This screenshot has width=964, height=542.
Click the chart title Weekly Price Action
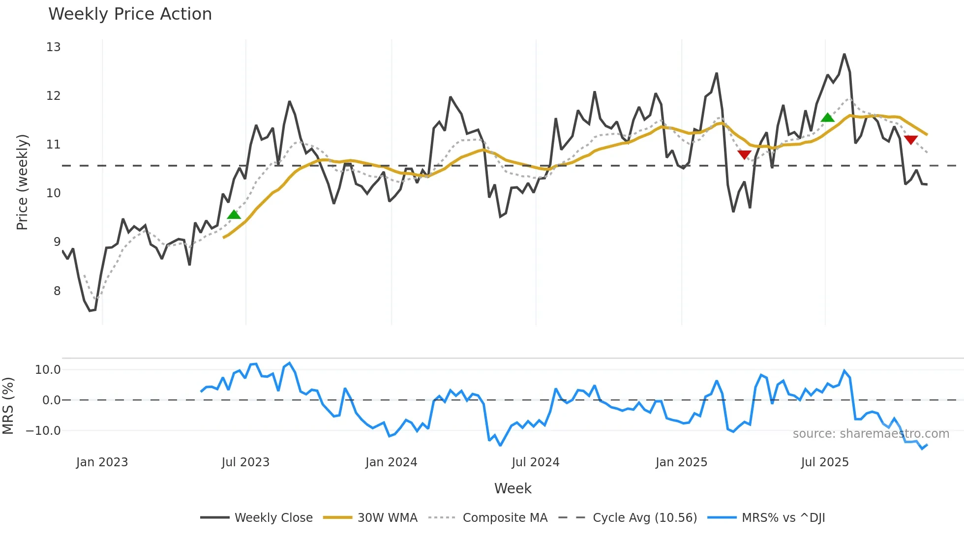130,14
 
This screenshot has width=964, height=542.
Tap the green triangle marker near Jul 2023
234,214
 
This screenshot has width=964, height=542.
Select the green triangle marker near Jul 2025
828,118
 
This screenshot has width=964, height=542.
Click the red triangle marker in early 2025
744,155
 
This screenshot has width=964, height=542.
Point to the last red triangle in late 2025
911,140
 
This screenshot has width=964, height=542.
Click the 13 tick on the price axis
53,47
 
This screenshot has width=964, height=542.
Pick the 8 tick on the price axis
57,291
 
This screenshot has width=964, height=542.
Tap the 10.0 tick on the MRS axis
48,370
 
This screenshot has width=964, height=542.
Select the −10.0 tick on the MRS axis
43,431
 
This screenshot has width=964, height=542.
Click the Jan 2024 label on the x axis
391,462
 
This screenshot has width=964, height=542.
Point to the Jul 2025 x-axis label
825,462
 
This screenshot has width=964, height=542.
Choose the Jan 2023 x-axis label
102,462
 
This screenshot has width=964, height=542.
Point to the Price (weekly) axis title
22,182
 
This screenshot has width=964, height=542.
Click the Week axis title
512,488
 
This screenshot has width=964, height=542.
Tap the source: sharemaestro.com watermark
871,434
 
